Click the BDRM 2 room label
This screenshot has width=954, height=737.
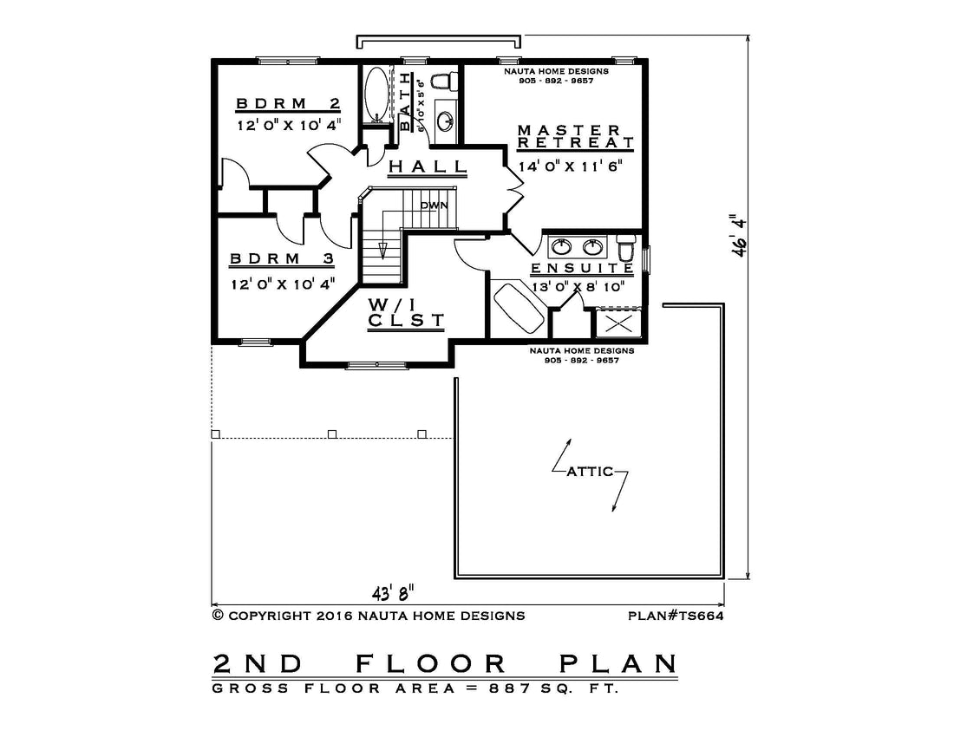click(288, 103)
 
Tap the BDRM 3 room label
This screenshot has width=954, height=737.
click(283, 259)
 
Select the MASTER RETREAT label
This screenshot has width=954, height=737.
click(575, 137)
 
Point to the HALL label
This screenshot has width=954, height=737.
click(428, 166)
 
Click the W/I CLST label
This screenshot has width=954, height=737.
click(407, 313)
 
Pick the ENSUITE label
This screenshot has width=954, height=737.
click(582, 268)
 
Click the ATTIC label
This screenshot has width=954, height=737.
click(590, 472)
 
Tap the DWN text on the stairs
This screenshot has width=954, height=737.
click(434, 205)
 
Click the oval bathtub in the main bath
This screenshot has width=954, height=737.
click(376, 94)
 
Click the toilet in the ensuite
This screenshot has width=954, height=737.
click(625, 248)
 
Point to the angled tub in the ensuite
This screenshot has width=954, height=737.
click(519, 309)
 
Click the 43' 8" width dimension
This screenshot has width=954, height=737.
click(394, 591)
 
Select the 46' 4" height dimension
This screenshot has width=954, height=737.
click(739, 235)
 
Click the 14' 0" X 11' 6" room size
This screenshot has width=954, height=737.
click(570, 166)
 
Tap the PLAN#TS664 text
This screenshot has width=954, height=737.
click(676, 616)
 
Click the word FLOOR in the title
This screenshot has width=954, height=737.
click(431, 663)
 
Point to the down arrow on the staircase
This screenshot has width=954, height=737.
click(382, 251)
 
